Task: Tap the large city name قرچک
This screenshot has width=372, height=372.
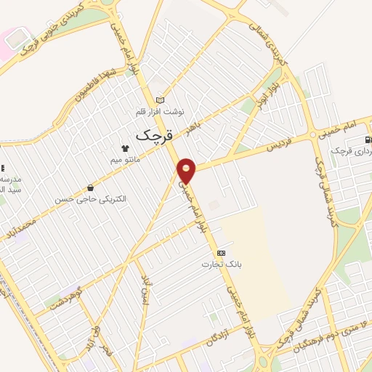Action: [x=155, y=135]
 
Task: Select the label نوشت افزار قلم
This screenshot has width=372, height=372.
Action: [x=161, y=111]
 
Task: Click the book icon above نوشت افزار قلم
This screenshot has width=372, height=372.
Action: [x=161, y=100]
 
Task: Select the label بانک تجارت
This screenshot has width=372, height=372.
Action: [x=220, y=263]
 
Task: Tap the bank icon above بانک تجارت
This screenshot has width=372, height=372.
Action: [x=220, y=252]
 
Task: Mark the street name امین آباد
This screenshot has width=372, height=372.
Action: [x=145, y=290]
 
